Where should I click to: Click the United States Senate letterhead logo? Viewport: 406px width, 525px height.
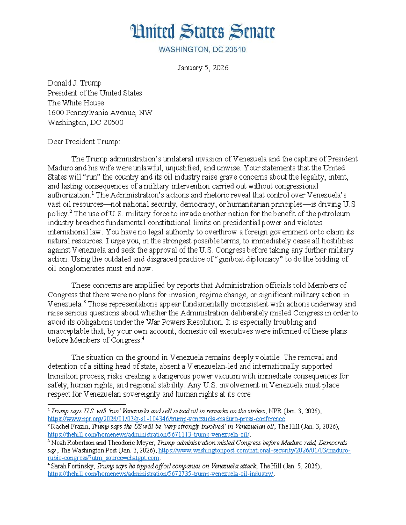click(x=202, y=32)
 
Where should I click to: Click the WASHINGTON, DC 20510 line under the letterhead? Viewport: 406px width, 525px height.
click(x=202, y=50)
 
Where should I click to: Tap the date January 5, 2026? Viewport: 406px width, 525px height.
click(x=203, y=68)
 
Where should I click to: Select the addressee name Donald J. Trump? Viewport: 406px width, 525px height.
click(x=74, y=83)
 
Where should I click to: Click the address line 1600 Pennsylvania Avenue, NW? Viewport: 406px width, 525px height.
click(x=100, y=113)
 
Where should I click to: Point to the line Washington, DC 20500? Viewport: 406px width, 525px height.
click(x=85, y=123)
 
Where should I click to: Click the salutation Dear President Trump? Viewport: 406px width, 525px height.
click(x=84, y=142)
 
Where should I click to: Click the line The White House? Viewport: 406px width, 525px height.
click(x=75, y=103)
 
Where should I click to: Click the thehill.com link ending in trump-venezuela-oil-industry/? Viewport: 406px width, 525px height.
click(x=161, y=474)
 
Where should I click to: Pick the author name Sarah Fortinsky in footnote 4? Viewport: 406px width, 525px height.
click(x=73, y=466)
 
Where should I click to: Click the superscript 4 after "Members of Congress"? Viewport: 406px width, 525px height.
click(x=143, y=339)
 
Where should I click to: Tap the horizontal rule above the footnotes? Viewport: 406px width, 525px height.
click(x=86, y=404)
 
